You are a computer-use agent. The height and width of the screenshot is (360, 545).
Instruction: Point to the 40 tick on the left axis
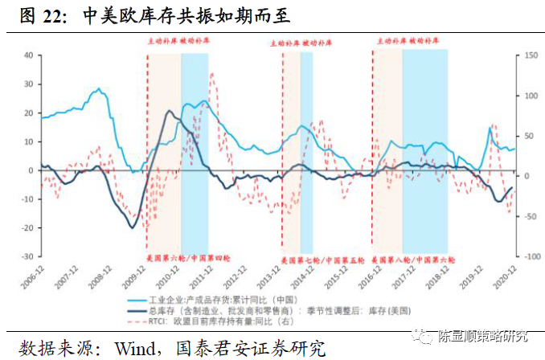click(27, 55)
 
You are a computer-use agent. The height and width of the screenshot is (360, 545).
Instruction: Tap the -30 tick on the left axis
click(27, 256)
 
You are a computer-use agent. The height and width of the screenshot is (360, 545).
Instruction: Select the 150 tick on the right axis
click(527, 55)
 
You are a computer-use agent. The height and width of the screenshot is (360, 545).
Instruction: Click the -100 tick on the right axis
click(528, 256)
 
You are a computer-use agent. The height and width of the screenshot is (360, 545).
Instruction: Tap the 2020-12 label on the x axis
click(506, 277)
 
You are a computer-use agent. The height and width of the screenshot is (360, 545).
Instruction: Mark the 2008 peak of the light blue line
click(97, 89)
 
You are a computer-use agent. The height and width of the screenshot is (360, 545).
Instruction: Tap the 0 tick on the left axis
click(29, 170)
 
